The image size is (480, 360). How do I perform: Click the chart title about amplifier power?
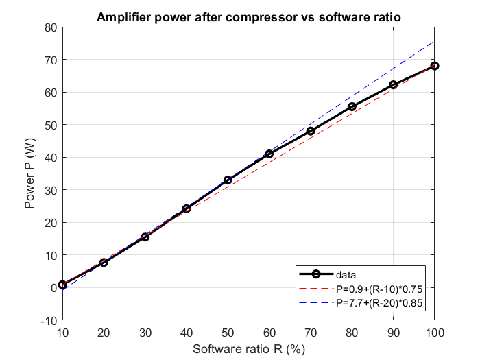pyautogui.click(x=248, y=17)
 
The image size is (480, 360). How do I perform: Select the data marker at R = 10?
pyautogui.click(x=62, y=285)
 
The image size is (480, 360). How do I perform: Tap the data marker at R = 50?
pyautogui.click(x=228, y=180)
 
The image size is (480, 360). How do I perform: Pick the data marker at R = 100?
pyautogui.click(x=434, y=66)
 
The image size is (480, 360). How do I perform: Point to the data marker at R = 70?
pyautogui.click(x=311, y=131)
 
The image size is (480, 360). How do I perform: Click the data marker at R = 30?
pyautogui.click(x=145, y=237)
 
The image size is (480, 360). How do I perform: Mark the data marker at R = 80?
pyautogui.click(x=352, y=106)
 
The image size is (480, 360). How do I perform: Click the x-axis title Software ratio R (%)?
pyautogui.click(x=248, y=349)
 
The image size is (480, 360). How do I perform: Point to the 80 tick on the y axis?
pyautogui.click(x=49, y=27)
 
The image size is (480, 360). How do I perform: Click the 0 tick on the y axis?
pyautogui.click(x=52, y=288)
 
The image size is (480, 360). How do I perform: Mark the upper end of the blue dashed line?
pyautogui.click(x=434, y=41)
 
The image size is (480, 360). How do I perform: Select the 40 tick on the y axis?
pyautogui.click(x=49, y=158)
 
